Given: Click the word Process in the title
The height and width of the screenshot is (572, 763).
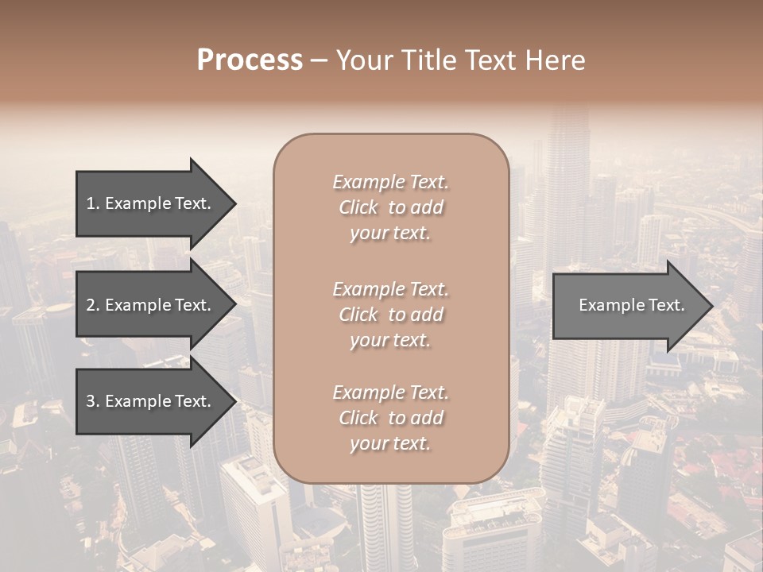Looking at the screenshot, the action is pyautogui.click(x=250, y=60).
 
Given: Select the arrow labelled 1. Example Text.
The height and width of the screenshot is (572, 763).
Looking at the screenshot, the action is pyautogui.click(x=151, y=203).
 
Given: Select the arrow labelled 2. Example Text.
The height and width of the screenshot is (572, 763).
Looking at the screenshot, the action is pyautogui.click(x=151, y=305).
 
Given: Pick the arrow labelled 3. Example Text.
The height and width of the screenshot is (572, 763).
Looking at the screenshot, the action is pyautogui.click(x=151, y=402).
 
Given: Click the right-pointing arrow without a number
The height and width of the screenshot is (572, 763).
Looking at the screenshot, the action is pyautogui.click(x=628, y=305).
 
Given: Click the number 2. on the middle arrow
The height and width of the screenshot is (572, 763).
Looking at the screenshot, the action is pyautogui.click(x=92, y=305).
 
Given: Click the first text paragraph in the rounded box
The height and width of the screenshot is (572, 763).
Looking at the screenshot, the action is pyautogui.click(x=390, y=207).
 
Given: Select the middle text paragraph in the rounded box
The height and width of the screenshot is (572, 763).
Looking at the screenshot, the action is pyautogui.click(x=390, y=315).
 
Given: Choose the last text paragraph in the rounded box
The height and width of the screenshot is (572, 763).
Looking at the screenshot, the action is pyautogui.click(x=390, y=418).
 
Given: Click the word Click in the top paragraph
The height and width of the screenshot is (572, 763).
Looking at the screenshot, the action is pyautogui.click(x=358, y=207).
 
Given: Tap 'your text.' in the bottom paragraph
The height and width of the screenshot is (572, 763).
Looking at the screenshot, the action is pyautogui.click(x=390, y=444).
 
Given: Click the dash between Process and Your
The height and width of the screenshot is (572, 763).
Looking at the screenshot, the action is pyautogui.click(x=319, y=61).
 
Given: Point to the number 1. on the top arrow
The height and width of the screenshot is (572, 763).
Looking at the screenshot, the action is pyautogui.click(x=92, y=203).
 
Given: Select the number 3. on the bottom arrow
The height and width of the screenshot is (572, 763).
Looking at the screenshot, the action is pyautogui.click(x=92, y=402).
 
